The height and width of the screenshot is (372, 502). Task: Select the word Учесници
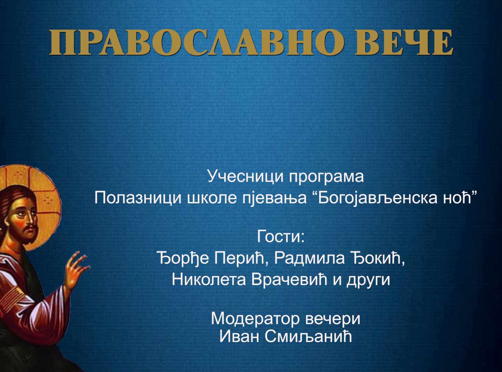point(245,177)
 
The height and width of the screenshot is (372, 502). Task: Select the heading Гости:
point(281,236)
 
